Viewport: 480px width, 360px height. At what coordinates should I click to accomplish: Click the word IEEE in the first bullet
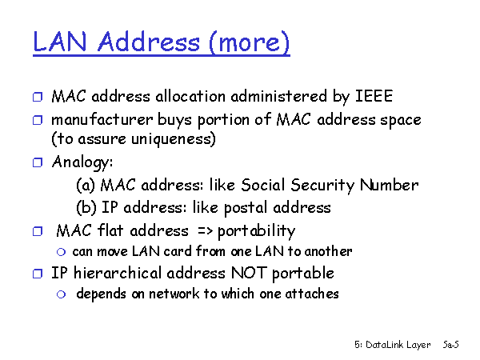(374, 96)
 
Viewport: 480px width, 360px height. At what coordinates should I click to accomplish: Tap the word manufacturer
(102, 119)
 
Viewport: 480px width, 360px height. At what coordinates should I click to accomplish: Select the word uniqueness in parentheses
(174, 139)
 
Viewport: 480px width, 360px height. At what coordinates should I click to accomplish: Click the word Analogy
(82, 162)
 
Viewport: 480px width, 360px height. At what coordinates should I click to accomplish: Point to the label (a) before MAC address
(86, 185)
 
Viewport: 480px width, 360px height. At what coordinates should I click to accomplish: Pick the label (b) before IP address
(86, 207)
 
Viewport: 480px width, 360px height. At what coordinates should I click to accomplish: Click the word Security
(322, 186)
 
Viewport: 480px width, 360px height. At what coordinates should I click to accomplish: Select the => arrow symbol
(205, 230)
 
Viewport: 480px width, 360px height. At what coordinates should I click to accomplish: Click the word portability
(256, 231)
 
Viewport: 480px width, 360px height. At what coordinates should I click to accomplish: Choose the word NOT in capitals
(249, 273)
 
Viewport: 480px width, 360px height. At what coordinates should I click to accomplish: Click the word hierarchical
(118, 273)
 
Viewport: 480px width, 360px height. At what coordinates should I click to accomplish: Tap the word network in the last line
(174, 294)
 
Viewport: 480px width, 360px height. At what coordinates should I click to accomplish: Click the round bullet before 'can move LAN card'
(62, 252)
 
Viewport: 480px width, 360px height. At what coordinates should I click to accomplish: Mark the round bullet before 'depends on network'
(62, 294)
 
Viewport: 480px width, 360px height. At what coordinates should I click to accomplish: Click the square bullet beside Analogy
(38, 162)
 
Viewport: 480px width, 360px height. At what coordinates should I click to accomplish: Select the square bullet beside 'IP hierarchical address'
(38, 274)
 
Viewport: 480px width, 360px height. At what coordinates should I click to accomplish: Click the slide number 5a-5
(451, 345)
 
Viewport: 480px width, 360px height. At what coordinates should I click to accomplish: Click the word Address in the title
(149, 42)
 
